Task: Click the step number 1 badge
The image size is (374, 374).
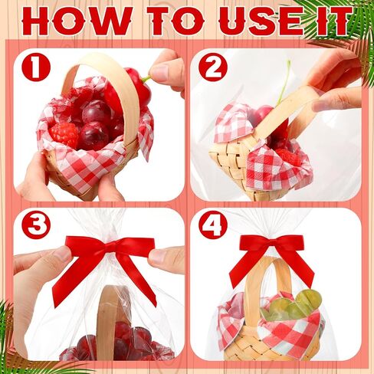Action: coord(35,67)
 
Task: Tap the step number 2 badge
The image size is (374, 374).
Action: coord(213,67)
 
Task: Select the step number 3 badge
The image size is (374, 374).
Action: coord(35,225)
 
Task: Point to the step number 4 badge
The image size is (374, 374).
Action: coord(213,225)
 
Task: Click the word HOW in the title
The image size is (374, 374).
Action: coord(77,21)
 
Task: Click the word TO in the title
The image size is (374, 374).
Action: coord(177,21)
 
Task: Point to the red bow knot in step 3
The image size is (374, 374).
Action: coord(111,247)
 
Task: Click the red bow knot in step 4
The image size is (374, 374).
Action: coord(272,246)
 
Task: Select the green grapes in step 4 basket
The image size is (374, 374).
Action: coord(292,306)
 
